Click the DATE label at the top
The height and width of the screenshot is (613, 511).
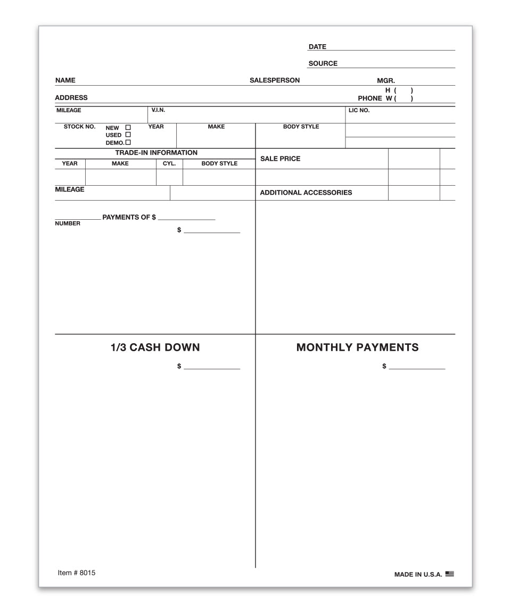317,47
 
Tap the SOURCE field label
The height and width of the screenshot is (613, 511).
323,63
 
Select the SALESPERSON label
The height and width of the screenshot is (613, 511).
275,80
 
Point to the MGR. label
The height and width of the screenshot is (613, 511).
386,81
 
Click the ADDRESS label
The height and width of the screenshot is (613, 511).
71,98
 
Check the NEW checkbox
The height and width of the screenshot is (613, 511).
128,128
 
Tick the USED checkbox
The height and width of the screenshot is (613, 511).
128,135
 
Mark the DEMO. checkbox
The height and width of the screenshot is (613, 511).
128,143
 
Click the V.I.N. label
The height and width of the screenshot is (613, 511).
158,110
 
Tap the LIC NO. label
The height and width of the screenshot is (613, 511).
359,111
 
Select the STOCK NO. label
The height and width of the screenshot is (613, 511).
79,127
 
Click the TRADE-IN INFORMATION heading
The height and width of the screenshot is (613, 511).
156,153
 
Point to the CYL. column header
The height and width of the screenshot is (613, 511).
169,163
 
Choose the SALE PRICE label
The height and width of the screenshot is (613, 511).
280,159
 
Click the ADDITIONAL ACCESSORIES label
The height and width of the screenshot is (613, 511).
306,193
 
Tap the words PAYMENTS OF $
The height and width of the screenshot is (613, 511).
129,218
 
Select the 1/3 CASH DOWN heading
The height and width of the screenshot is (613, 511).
155,347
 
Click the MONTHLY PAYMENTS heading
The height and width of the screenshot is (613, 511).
357,347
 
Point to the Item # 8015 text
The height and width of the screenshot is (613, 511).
77,573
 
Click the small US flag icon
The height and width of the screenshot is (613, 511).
450,574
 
